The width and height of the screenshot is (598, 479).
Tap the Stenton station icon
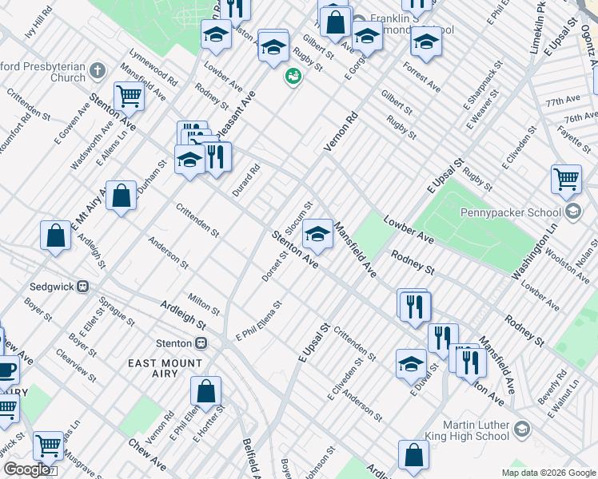(x=201, y=343)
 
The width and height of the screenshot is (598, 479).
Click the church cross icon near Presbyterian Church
(x=98, y=70)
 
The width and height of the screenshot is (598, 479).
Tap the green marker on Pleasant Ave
(x=293, y=77)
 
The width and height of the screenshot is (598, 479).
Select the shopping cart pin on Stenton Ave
(x=129, y=97)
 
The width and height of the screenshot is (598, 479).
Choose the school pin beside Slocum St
(x=317, y=233)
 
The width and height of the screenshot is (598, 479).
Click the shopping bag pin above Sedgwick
(x=56, y=235)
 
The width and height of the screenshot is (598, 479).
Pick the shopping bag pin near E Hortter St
(x=205, y=391)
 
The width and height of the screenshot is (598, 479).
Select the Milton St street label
(x=204, y=303)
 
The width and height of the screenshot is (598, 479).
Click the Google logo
(x=26, y=470)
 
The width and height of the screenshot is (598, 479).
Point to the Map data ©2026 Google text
(x=548, y=473)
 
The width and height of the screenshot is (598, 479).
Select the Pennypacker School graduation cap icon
(x=572, y=212)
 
